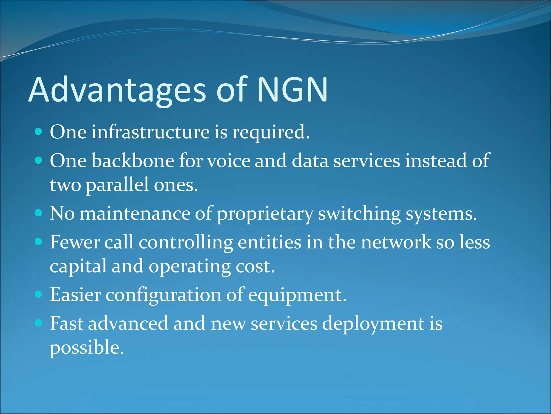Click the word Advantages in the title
[117, 90]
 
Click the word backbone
[133, 161]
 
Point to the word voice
[229, 161]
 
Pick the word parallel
[117, 185]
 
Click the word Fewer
[75, 242]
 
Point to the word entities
[269, 242]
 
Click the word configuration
[163, 295]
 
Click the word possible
[87, 348]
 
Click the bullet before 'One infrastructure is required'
[39, 132]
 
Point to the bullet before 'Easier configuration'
[39, 294]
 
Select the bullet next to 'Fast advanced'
[39, 323]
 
